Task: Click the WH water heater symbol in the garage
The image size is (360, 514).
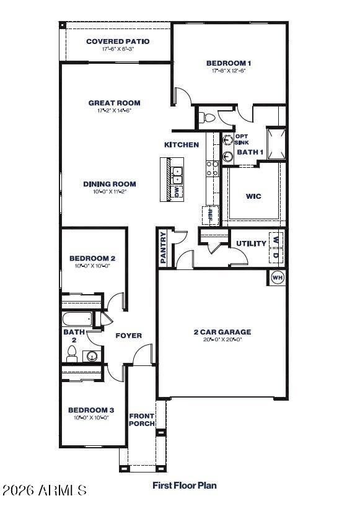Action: (x=277, y=278)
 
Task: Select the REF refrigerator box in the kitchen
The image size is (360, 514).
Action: (x=211, y=215)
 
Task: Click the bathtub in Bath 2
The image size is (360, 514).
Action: (x=77, y=320)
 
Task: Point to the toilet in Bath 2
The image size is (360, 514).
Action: (x=72, y=354)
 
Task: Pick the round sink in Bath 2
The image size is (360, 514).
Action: (x=92, y=356)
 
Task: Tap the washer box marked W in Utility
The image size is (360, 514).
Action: (x=276, y=239)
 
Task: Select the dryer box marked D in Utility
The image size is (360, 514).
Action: (x=276, y=254)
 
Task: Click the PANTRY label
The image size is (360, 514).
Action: (x=164, y=248)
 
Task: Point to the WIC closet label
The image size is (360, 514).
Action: (x=253, y=196)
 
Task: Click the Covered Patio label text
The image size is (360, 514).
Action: (x=118, y=41)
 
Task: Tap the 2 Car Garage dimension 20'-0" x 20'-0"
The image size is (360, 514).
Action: (x=222, y=339)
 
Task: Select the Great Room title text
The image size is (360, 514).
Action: (x=114, y=103)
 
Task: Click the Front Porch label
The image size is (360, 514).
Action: (x=142, y=420)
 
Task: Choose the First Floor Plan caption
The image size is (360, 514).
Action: (x=185, y=486)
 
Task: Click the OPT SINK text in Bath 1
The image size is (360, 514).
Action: (x=242, y=139)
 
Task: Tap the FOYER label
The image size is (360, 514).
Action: (x=129, y=336)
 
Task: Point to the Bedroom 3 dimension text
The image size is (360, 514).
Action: (x=92, y=417)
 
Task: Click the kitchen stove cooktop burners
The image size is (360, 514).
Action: (x=212, y=169)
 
